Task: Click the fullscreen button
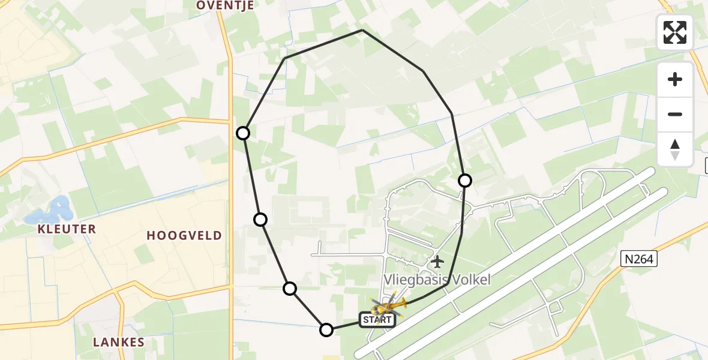(675, 32)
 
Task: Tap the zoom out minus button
(675, 114)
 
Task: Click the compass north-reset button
(675, 149)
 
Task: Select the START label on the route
(377, 320)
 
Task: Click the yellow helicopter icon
(389, 306)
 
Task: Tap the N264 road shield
(640, 259)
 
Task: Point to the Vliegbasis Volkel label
(437, 280)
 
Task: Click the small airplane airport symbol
(437, 262)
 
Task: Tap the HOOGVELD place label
(185, 236)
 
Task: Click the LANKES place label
(119, 343)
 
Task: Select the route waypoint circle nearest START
(326, 329)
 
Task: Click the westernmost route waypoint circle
(243, 133)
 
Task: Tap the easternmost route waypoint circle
(465, 180)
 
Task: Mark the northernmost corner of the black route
(362, 29)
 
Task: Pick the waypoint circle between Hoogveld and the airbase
(260, 220)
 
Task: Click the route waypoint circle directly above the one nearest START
(290, 289)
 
